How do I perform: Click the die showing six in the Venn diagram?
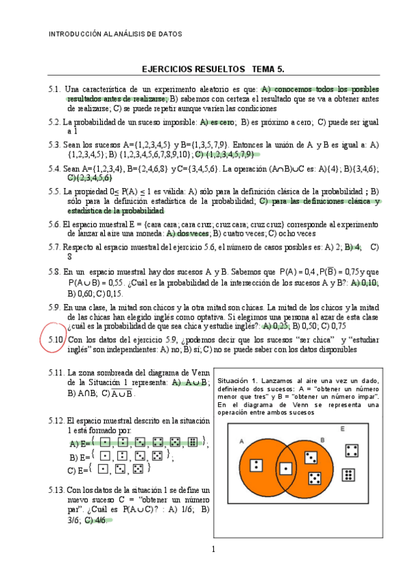point(347,475)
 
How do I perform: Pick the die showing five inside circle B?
point(315,478)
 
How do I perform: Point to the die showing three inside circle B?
point(311,457)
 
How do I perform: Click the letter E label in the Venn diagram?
point(343,428)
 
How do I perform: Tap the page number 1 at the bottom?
point(213,549)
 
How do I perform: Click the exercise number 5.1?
point(55,89)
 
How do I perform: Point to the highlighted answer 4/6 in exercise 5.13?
point(100,520)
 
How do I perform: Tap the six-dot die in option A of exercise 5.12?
point(193,443)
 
